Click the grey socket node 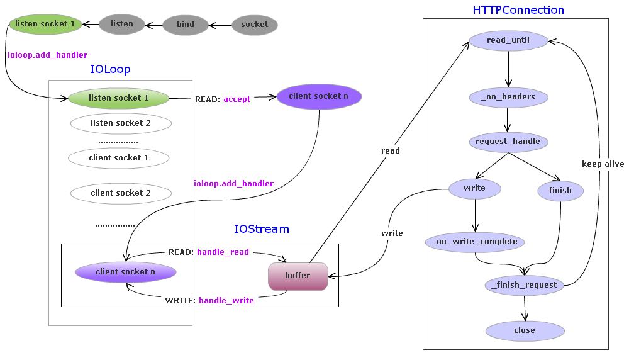click(255, 25)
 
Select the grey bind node click(185, 25)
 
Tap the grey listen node click(121, 24)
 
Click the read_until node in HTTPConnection click(508, 41)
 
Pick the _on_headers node click(508, 97)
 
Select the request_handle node click(508, 142)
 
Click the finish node click(560, 191)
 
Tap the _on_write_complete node click(475, 242)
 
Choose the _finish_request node click(525, 285)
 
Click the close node click(525, 330)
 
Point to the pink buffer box click(298, 276)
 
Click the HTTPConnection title click(518, 10)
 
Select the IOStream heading click(261, 229)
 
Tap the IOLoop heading click(110, 69)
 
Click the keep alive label click(603, 164)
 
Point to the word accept click(237, 99)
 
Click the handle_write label click(226, 301)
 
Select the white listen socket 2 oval click(121, 123)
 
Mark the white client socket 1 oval click(119, 158)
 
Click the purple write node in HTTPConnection click(475, 188)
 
